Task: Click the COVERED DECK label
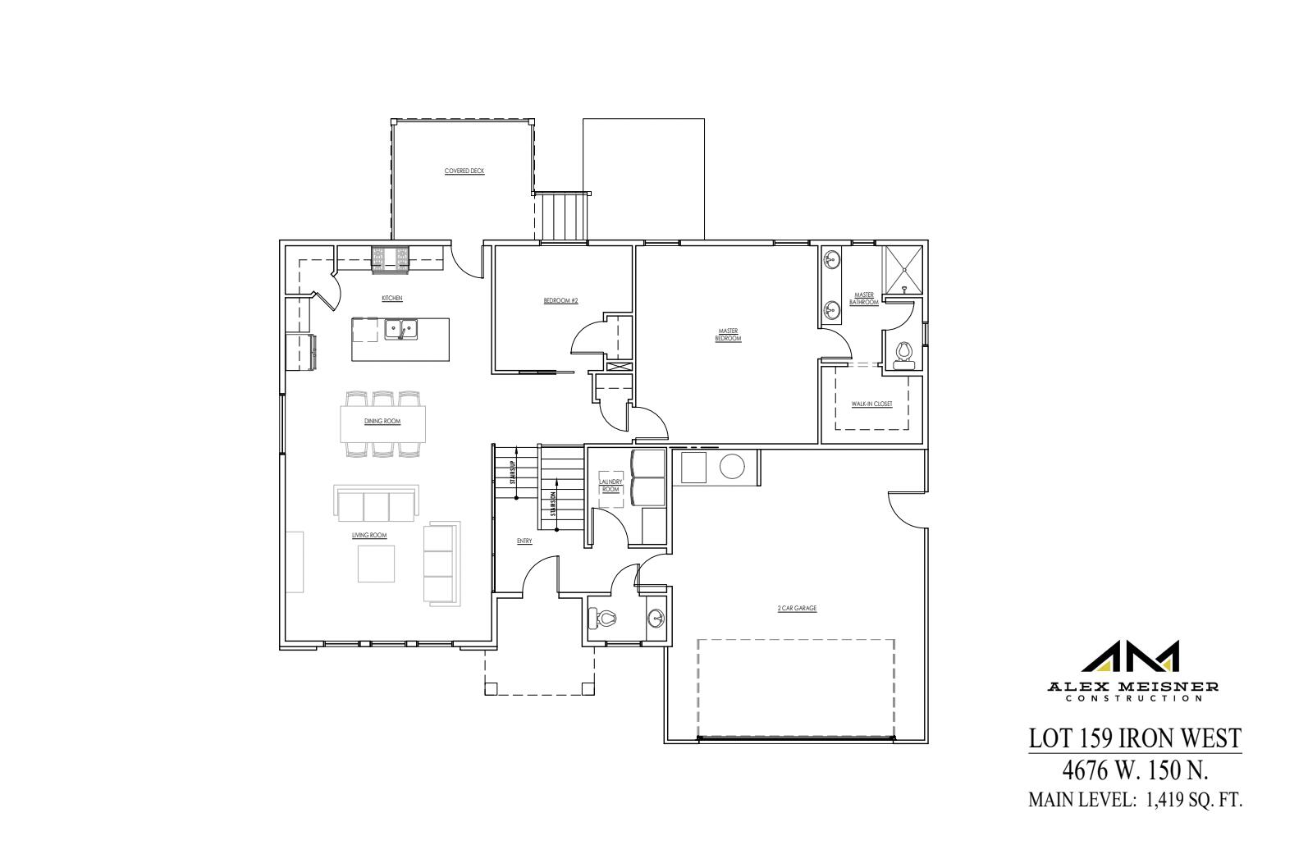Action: (464, 171)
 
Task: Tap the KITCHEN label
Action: (391, 298)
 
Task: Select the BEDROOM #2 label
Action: (560, 300)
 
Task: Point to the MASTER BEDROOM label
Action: (728, 335)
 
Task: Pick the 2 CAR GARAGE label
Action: (797, 609)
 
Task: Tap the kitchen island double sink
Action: (401, 330)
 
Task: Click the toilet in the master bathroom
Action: (904, 354)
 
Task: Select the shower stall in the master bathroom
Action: (903, 269)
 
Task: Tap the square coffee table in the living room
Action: (376, 564)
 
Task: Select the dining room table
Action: (383, 422)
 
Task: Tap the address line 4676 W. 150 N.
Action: (1136, 771)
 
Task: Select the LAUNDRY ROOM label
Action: (611, 486)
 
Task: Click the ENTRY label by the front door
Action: (524, 541)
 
